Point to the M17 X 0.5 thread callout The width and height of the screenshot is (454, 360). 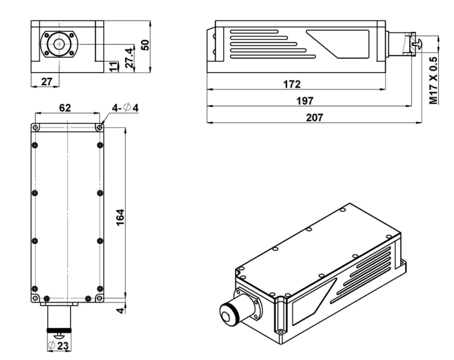click(433, 80)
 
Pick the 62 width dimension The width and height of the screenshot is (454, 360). click(65, 108)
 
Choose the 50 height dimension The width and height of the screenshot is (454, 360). click(144, 45)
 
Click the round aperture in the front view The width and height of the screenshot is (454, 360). click(59, 44)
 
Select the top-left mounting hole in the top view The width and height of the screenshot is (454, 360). click(35, 128)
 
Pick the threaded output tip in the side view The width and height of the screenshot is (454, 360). click(417, 42)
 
